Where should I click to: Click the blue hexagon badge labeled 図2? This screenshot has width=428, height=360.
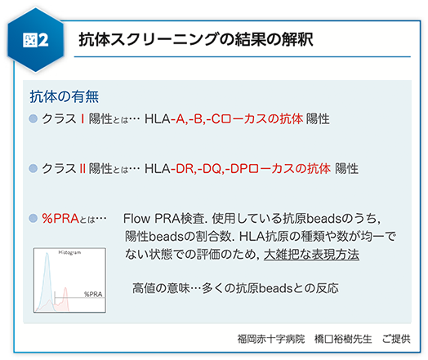tap(36, 40)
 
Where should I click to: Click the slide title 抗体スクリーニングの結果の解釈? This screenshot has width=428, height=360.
tap(196, 39)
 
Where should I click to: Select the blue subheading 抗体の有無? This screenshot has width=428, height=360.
tap(65, 96)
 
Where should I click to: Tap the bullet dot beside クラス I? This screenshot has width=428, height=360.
tap(33, 118)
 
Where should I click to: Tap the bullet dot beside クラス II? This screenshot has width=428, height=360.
tap(33, 168)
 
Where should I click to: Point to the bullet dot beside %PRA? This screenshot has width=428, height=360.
tap(33, 218)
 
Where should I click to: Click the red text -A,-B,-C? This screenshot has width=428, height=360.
tap(195, 119)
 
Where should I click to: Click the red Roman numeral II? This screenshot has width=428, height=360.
tap(82, 168)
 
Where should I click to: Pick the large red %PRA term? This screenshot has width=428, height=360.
tap(60, 218)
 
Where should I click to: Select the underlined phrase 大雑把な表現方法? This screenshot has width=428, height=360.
tap(311, 255)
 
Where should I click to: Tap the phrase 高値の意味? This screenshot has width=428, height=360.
tap(161, 288)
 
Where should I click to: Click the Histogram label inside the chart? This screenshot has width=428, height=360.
tap(69, 252)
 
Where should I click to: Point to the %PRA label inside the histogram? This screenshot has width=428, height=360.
tap(93, 294)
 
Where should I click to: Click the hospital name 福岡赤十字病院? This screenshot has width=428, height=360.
tap(271, 339)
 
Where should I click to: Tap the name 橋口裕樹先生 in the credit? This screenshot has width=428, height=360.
tap(343, 339)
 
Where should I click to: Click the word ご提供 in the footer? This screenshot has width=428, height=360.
tap(396, 339)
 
